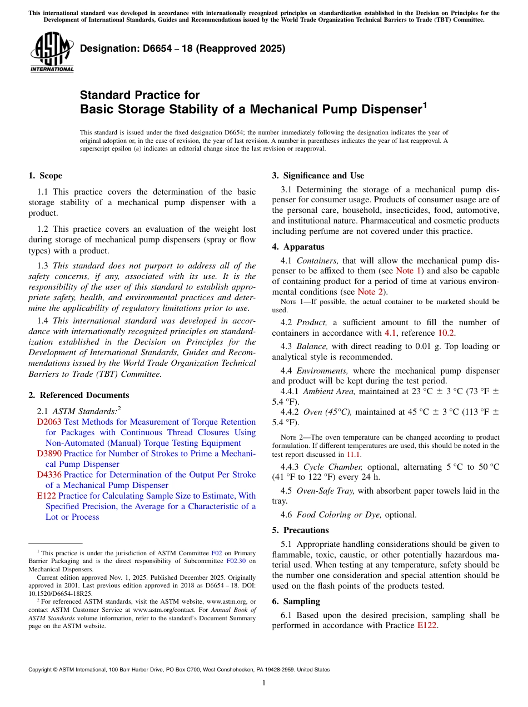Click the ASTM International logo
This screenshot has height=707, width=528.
pyautogui.click(x=52, y=52)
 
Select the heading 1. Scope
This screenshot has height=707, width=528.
pyautogui.click(x=45, y=176)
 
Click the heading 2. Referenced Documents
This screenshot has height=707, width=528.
pyautogui.click(x=78, y=395)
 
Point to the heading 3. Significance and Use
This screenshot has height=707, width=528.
pyautogui.click(x=318, y=176)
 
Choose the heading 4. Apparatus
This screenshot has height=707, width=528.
pyautogui.click(x=298, y=247)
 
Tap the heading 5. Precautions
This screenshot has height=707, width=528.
pyautogui.click(x=300, y=530)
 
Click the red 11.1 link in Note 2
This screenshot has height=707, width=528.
pyautogui.click(x=353, y=454)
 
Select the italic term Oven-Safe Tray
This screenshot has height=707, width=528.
pyautogui.click(x=326, y=491)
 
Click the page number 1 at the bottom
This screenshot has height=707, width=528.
pyautogui.click(x=264, y=683)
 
